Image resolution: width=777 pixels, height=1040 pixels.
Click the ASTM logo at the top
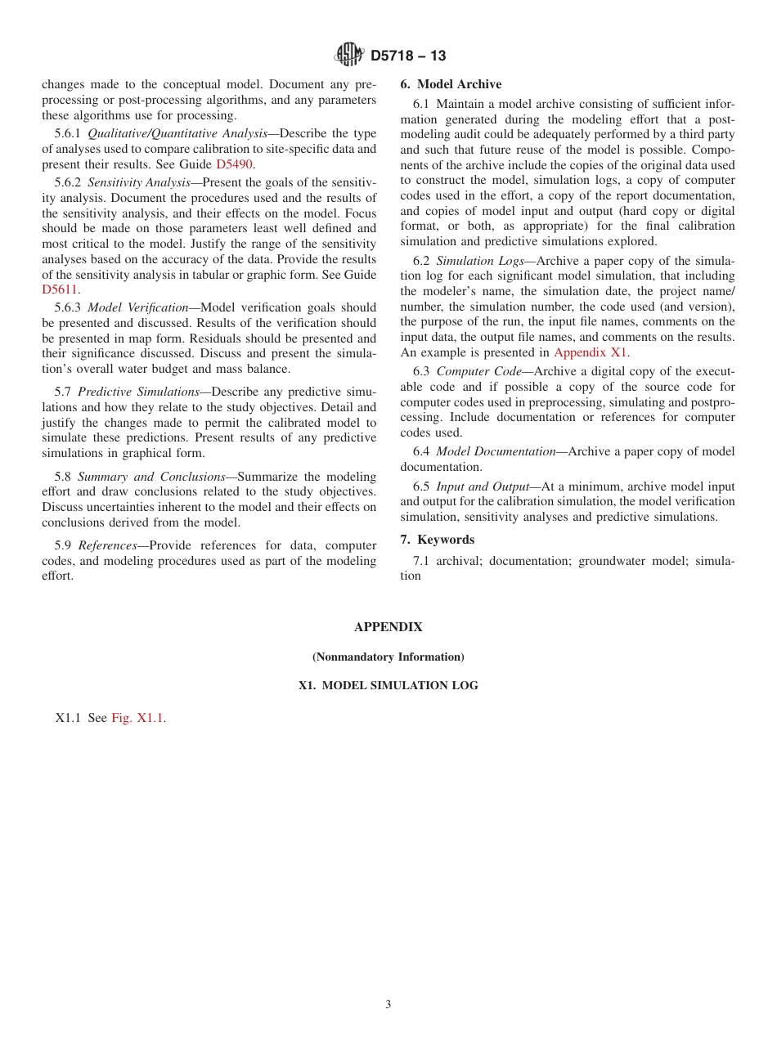pos(349,55)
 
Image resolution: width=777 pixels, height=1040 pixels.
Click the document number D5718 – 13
pos(408,56)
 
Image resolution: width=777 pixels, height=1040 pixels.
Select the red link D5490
pos(234,164)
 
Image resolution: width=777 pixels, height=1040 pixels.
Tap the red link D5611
pos(61,289)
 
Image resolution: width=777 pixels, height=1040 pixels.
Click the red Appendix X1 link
pos(591,352)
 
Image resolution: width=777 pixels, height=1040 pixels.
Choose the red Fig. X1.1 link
pos(138,718)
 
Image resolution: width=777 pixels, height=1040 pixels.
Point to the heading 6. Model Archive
pos(451,84)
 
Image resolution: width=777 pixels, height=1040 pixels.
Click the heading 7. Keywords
pos(437,540)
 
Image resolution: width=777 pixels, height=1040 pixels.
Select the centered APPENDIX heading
pos(388,627)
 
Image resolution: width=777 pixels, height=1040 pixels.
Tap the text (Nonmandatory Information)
pos(388,657)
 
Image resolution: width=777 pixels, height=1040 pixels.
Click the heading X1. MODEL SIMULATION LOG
pos(388,686)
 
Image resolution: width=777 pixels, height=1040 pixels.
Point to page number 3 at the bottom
pos(388,1005)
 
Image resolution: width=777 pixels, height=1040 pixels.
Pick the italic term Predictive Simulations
pos(138,392)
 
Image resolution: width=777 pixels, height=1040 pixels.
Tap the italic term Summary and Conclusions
pos(151,476)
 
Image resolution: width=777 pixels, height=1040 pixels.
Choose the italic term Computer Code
pos(478,371)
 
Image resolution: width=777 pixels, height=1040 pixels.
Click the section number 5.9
pos(64,545)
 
